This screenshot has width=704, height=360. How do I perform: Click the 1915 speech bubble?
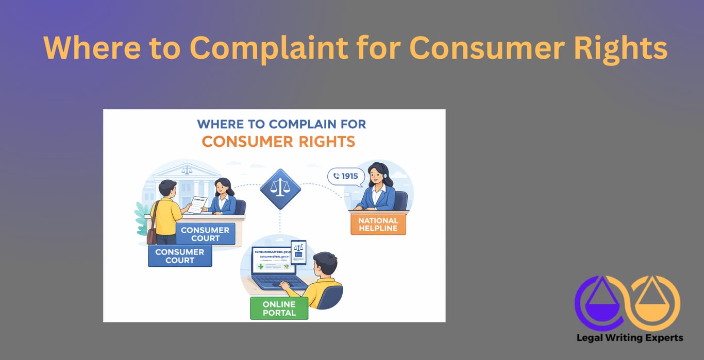click(346, 177)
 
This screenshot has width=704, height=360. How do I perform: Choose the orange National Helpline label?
click(378, 225)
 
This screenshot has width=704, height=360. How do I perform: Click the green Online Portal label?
click(279, 308)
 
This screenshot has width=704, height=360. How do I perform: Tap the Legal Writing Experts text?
click(630, 338)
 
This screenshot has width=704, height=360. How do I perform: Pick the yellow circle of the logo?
click(656, 302)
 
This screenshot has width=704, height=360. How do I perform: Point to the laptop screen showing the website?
click(273, 261)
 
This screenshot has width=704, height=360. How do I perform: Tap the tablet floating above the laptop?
click(298, 252)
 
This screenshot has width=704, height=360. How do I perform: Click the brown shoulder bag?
click(152, 235)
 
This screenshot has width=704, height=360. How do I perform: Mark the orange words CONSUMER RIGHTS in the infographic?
click(278, 141)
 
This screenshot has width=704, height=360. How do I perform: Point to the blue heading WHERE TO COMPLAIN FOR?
click(281, 124)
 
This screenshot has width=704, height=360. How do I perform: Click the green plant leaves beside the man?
click(141, 217)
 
